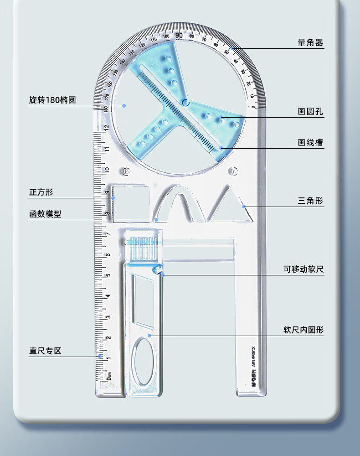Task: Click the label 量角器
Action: tap(310, 43)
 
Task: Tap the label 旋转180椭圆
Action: tap(52, 100)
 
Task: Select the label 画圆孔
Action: tap(310, 111)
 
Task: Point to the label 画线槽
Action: tap(310, 143)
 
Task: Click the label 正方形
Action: tap(41, 192)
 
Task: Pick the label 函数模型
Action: tap(45, 214)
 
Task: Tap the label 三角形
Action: tap(310, 201)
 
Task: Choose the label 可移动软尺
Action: tap(303, 269)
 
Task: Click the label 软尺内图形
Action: tap(303, 330)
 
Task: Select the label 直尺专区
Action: tap(45, 351)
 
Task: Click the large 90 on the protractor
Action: tap(179, 36)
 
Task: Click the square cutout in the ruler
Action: tap(131, 202)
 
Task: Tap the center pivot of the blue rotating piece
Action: tap(185, 103)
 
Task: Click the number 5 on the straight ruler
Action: tap(108, 275)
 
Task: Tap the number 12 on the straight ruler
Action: tap(106, 127)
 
